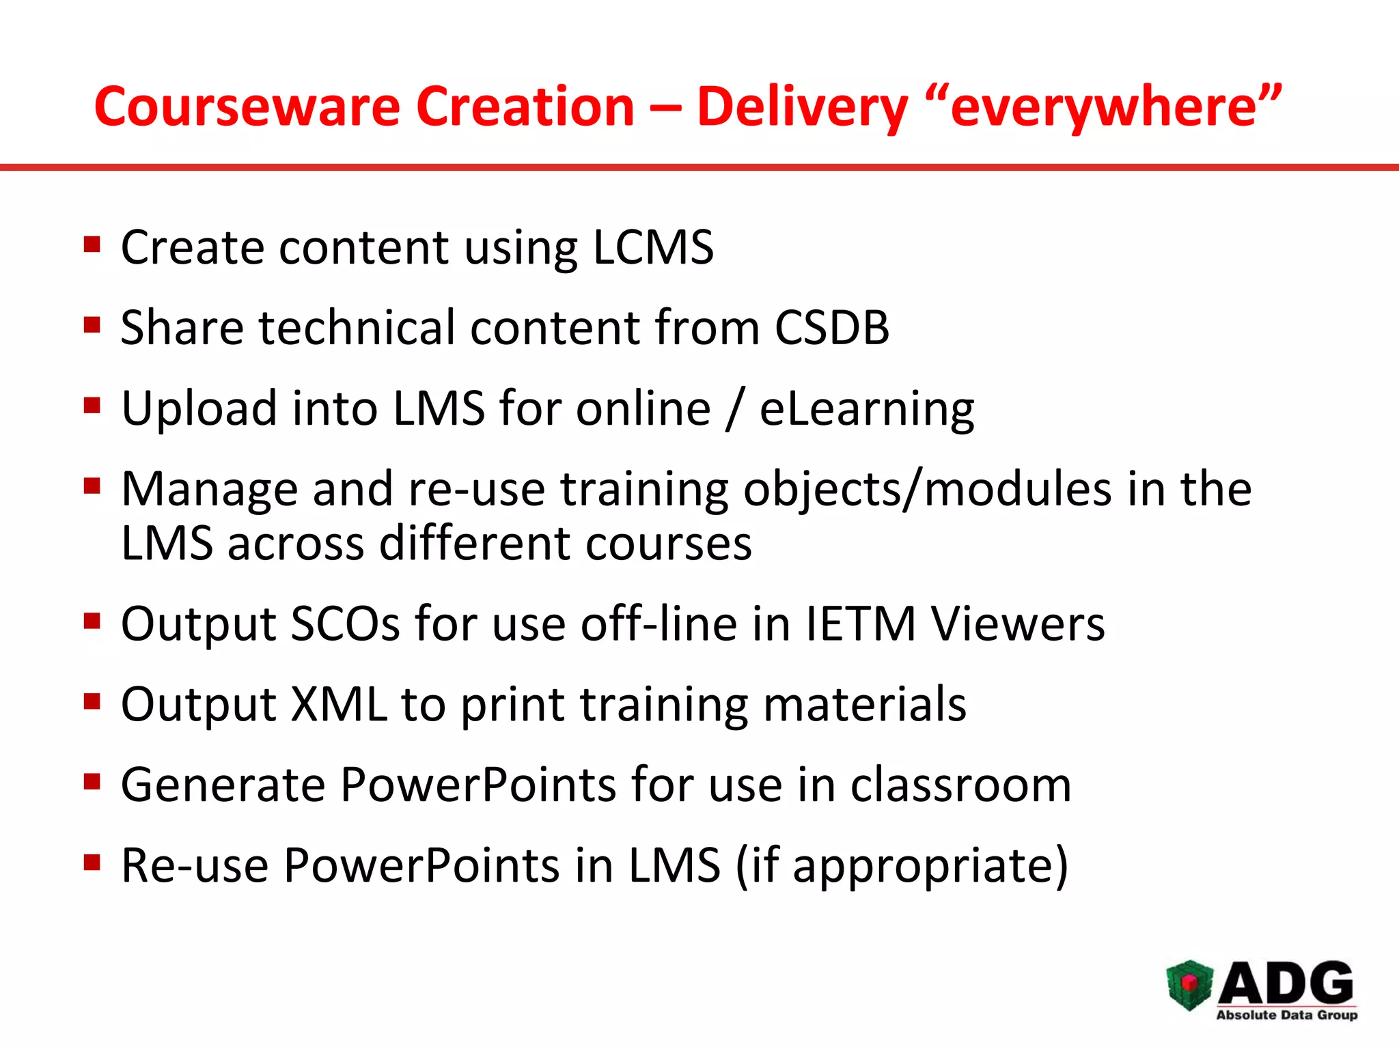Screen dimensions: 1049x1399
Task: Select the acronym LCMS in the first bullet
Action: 652,247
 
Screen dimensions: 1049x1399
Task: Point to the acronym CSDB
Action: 831,327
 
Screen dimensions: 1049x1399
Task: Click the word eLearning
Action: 867,408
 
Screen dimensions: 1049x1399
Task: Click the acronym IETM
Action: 860,624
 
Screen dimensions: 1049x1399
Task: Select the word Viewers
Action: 1018,624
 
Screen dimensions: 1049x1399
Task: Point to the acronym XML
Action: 339,704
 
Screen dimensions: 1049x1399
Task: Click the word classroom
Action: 960,785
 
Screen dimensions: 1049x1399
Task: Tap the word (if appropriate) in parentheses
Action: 902,866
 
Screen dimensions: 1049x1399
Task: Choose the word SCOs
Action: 345,624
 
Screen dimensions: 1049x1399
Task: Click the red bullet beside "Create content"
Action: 92,244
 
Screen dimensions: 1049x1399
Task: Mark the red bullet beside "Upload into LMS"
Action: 92,406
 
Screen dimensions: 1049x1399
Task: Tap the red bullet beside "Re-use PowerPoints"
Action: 92,863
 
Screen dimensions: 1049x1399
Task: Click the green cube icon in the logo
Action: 1189,984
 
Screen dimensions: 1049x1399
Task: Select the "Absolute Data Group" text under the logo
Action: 1286,1015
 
